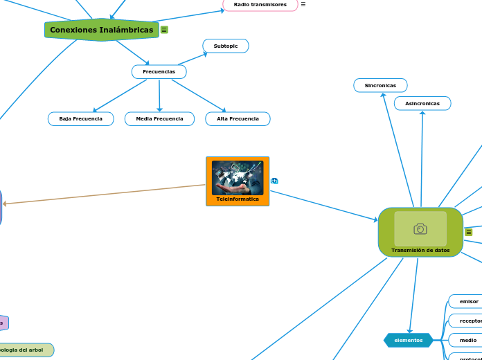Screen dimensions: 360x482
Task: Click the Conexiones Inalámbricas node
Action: [x=101, y=30]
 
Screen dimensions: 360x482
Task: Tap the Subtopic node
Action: [x=226, y=46]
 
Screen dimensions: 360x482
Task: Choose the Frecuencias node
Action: [x=159, y=71]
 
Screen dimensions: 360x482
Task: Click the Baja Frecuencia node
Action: [x=80, y=119]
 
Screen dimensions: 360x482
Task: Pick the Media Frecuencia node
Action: [x=159, y=119]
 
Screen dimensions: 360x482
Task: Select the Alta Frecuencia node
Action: [x=238, y=119]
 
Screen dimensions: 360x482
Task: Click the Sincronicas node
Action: [x=380, y=85]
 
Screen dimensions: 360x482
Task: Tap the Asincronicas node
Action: [x=422, y=103]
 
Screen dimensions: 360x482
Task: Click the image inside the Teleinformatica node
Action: [x=238, y=177]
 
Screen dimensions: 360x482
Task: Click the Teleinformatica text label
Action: [x=238, y=199]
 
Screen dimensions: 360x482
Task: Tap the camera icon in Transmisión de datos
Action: [x=420, y=228]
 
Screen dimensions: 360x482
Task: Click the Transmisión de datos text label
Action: [x=420, y=250]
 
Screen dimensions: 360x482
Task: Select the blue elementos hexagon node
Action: [x=408, y=340]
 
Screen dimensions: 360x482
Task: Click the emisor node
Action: [x=469, y=301]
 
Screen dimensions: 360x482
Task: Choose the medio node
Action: [x=468, y=340]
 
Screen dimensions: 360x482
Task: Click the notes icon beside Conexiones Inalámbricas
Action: [x=164, y=30]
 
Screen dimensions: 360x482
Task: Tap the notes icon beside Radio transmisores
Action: [x=303, y=4]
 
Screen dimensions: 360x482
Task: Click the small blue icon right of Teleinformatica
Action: [x=274, y=181]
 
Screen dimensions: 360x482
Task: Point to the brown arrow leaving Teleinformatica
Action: [x=104, y=194]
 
